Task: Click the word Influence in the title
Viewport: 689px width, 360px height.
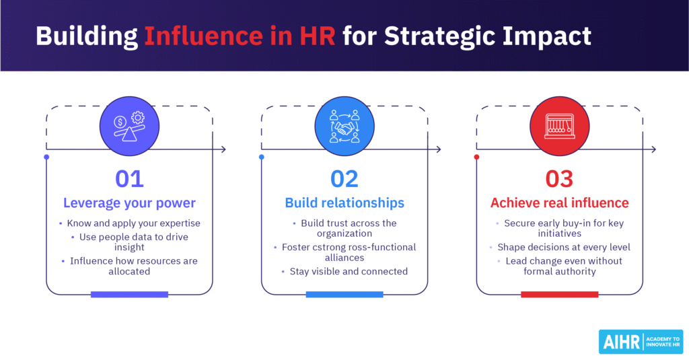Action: point(195,36)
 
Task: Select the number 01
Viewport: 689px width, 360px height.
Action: point(129,178)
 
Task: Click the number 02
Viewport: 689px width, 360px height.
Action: point(344,178)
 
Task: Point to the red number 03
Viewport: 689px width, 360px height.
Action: point(559,178)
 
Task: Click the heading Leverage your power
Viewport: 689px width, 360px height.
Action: point(129,203)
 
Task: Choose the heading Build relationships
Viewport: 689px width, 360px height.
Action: point(344,203)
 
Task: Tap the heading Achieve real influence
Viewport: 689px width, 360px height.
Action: point(559,203)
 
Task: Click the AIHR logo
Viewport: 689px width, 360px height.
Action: point(640,340)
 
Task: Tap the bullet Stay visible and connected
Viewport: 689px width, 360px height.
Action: point(349,271)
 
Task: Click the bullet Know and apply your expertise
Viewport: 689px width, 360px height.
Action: point(134,223)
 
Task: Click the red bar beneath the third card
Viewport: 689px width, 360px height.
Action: point(559,294)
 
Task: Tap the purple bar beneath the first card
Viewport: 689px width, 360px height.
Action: point(129,294)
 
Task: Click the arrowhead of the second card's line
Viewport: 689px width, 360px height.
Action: point(439,149)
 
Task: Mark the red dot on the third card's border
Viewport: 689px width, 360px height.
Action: point(476,157)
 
